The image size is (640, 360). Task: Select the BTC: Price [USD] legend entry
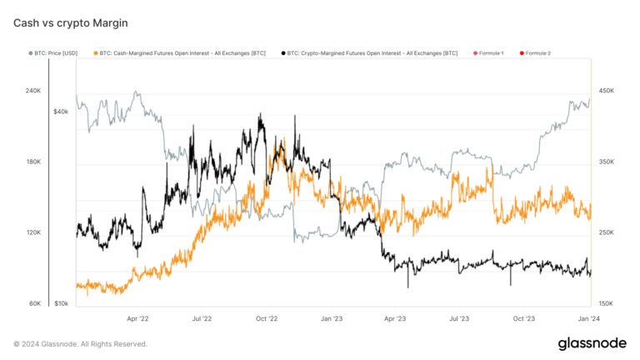point(58,53)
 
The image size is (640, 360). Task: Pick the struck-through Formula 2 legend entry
point(535,53)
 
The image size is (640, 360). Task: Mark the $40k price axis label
point(61,111)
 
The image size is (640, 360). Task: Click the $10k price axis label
point(61,303)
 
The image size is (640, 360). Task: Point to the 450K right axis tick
point(606,91)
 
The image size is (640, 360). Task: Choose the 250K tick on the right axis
point(606,232)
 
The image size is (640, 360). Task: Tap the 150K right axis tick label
point(606,303)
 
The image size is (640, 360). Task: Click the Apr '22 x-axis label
point(137,318)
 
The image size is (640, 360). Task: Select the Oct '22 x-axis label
point(267,318)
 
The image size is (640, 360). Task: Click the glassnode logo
point(592,343)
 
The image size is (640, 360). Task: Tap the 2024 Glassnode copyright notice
point(80,343)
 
